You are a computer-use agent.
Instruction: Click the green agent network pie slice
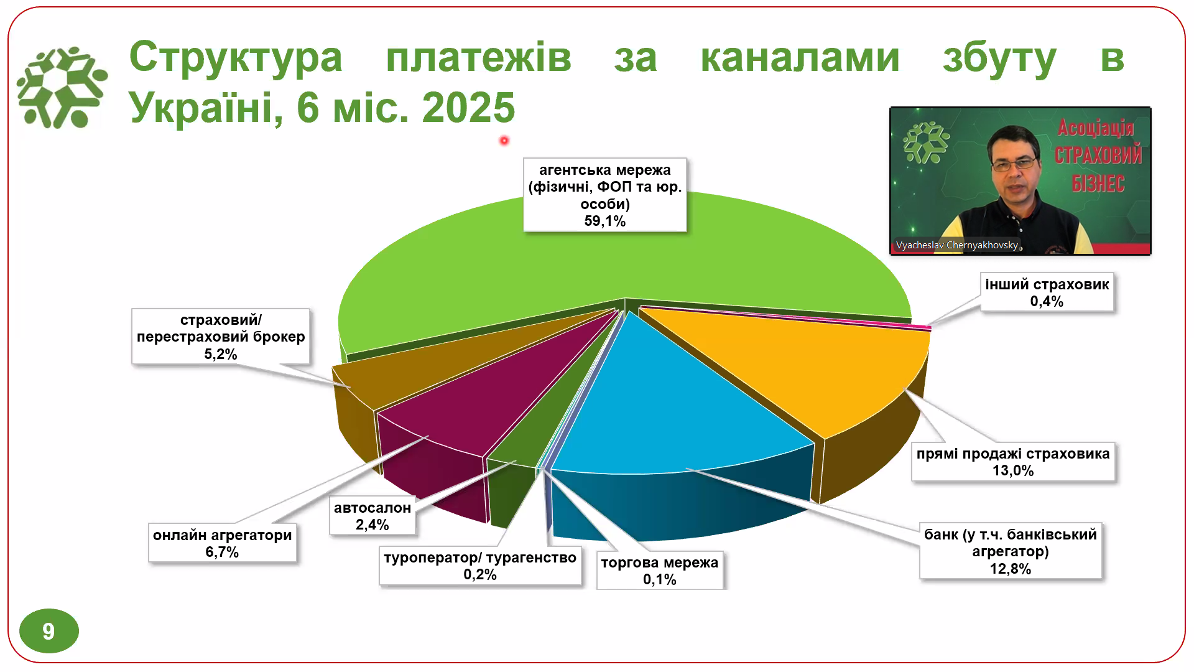[622, 261]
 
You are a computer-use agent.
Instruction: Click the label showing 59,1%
[604, 195]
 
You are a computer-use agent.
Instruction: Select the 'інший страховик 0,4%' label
[1047, 292]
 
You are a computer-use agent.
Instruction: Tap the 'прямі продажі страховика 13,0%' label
[1012, 462]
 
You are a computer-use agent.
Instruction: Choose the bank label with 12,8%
[1010, 551]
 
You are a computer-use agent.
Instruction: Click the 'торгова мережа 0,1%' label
[659, 571]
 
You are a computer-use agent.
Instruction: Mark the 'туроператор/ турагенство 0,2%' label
[479, 566]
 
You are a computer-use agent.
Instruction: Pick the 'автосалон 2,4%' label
[372, 516]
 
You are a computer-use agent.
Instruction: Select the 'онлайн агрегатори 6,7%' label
[222, 543]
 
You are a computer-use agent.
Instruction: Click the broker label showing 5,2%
[221, 337]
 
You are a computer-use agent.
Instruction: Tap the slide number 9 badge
[49, 631]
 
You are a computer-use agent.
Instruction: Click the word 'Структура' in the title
[236, 58]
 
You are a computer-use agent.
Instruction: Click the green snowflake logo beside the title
[62, 87]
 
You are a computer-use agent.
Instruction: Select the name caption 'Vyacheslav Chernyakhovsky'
[956, 245]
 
